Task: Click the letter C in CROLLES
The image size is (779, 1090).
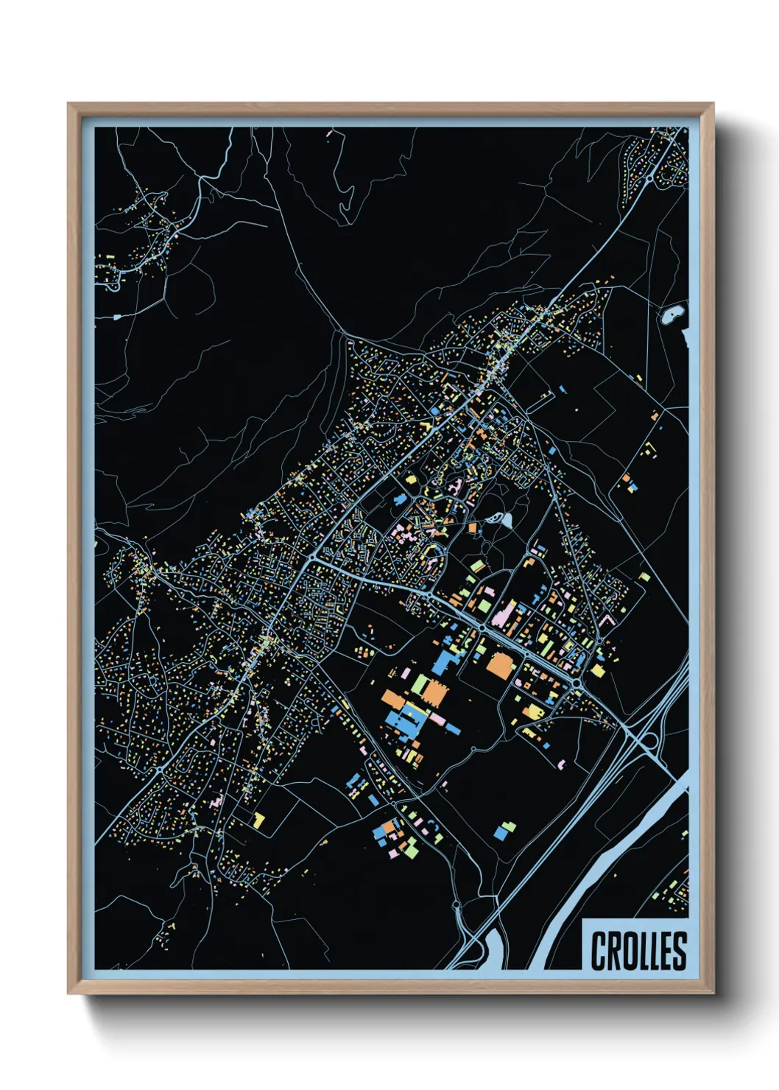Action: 599,951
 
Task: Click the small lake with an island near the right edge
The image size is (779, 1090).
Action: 672,314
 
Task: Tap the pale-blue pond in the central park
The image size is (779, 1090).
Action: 505,520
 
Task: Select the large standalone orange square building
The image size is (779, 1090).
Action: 500,665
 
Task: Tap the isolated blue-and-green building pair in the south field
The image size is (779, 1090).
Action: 504,830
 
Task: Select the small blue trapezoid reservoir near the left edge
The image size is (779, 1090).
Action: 116,317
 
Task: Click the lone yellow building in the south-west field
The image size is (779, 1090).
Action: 258,818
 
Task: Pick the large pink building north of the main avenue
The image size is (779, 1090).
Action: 502,614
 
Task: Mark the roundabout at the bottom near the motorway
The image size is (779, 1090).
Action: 457,904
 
